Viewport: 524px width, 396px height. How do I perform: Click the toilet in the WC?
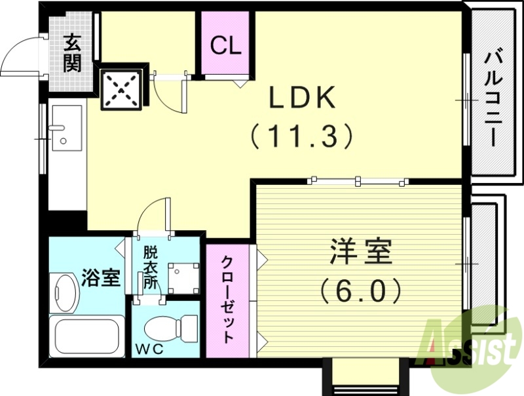[x=171, y=326]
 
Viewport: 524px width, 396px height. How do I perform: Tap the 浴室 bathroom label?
[x=101, y=278]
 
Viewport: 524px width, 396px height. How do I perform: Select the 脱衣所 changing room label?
[x=150, y=267]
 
